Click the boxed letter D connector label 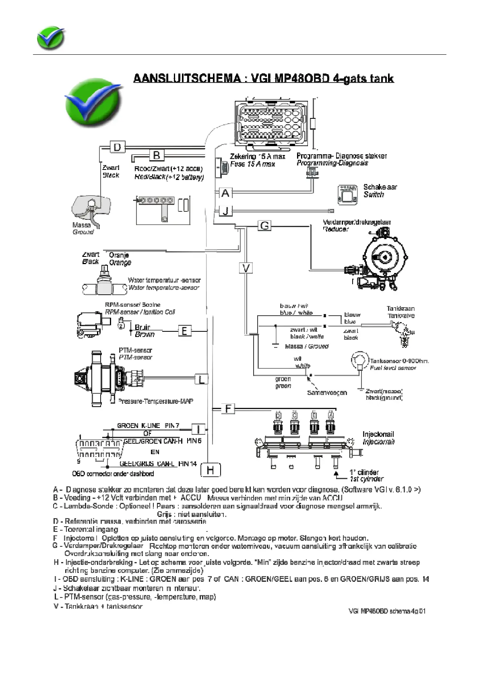(x=117, y=147)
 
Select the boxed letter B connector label (x=157, y=155)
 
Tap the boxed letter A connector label (x=225, y=193)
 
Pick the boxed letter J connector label (x=225, y=210)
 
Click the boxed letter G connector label (x=264, y=225)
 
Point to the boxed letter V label (x=246, y=268)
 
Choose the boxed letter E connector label (x=184, y=331)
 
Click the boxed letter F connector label (x=228, y=409)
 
